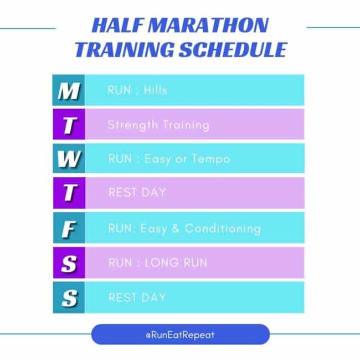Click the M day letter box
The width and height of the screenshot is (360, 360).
pyautogui.click(x=68, y=90)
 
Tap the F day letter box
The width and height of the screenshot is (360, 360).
pyautogui.click(x=68, y=228)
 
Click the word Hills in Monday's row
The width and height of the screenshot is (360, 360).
pyautogui.click(x=155, y=90)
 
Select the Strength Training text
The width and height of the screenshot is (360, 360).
pyautogui.click(x=158, y=125)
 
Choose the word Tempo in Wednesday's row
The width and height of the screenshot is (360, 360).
pyautogui.click(x=210, y=160)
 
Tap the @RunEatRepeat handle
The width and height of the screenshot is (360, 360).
pyautogui.click(x=180, y=335)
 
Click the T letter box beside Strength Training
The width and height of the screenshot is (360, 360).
pyautogui.click(x=68, y=125)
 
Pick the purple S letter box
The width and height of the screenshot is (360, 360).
pyautogui.click(x=68, y=263)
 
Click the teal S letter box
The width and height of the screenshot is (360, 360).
pyautogui.click(x=68, y=297)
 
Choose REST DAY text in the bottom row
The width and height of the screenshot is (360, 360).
pyautogui.click(x=137, y=297)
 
